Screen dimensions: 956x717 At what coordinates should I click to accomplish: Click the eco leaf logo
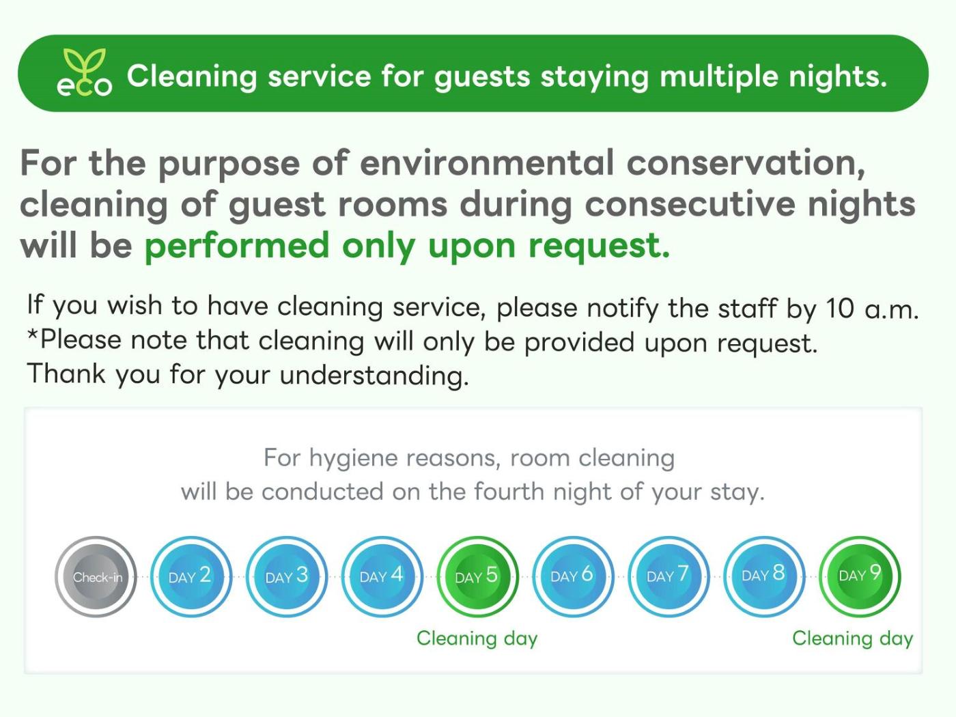pos(85,72)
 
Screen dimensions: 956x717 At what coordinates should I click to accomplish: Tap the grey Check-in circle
pos(96,576)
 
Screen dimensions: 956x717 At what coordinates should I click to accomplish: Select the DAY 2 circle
pos(191,576)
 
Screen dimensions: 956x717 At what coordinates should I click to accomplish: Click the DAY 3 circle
pos(287,576)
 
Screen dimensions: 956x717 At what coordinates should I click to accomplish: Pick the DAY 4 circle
pos(382,576)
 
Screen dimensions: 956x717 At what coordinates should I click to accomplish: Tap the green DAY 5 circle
pos(478,576)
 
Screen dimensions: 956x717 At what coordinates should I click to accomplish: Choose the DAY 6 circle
pos(573,576)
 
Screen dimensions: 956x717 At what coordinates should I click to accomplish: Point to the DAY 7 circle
pos(669,576)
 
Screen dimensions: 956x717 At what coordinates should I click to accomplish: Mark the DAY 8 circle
pos(764,576)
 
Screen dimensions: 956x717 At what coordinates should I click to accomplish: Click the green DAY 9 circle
pos(860,576)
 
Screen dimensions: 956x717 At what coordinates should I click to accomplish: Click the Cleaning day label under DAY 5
pos(477,639)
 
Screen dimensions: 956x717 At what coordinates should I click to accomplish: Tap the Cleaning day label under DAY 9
pos(853,639)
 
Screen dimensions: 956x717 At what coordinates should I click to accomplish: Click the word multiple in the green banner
pos(718,76)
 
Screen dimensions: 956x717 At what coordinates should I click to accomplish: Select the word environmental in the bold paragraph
pos(487,163)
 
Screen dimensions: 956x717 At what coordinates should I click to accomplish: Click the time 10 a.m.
pos(873,308)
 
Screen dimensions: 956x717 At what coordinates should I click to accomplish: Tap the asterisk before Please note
pos(33,335)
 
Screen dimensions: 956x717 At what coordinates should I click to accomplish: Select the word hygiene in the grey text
pos(353,459)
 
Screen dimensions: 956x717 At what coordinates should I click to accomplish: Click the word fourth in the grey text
pos(509,492)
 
